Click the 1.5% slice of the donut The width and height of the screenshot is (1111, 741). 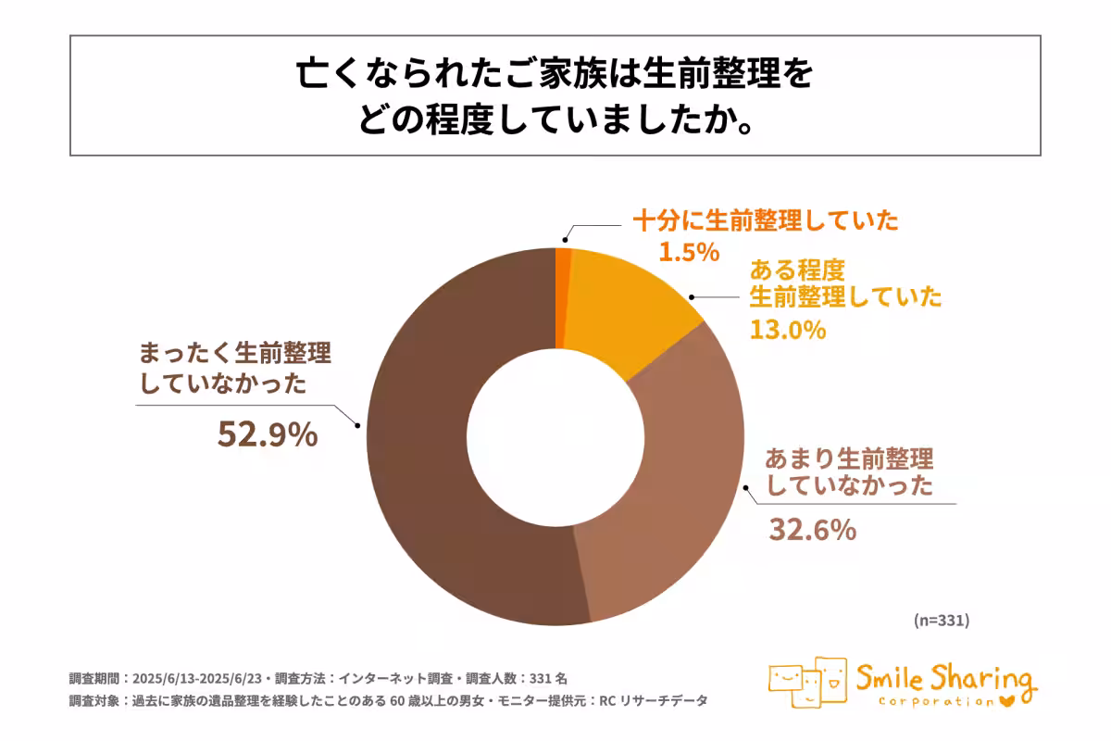click(x=563, y=296)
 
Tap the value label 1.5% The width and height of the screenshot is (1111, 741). click(x=689, y=251)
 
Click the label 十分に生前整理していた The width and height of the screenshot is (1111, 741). click(x=766, y=221)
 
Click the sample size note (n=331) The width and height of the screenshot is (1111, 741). click(x=941, y=620)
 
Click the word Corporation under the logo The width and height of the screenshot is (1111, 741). click(x=930, y=702)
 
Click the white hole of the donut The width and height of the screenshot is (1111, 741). click(x=555, y=435)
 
